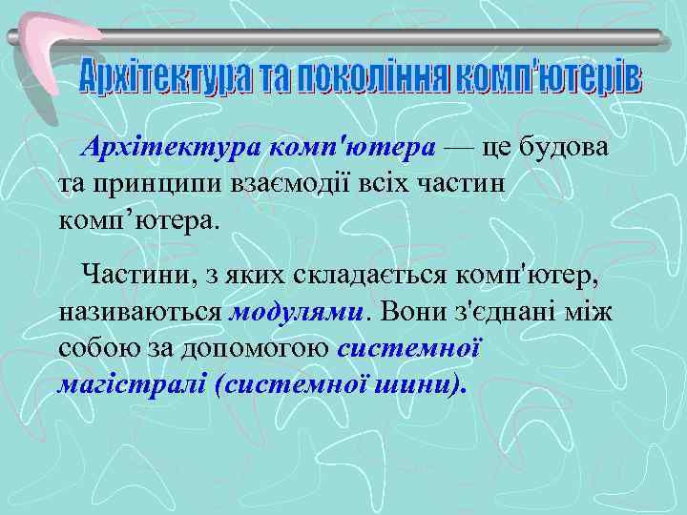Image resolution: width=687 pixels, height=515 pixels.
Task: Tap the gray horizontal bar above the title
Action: (382, 37)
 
